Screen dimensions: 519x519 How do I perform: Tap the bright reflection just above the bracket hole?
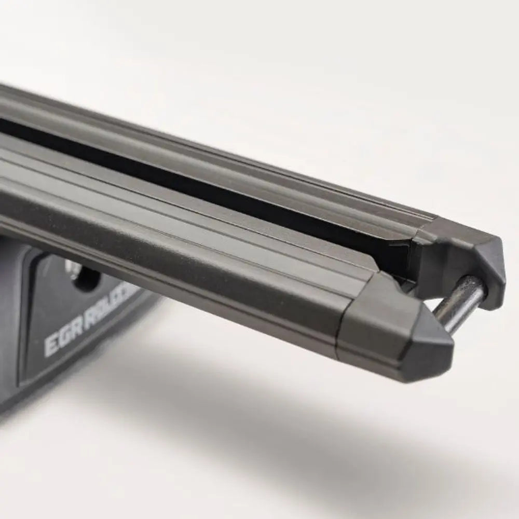[73, 265]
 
